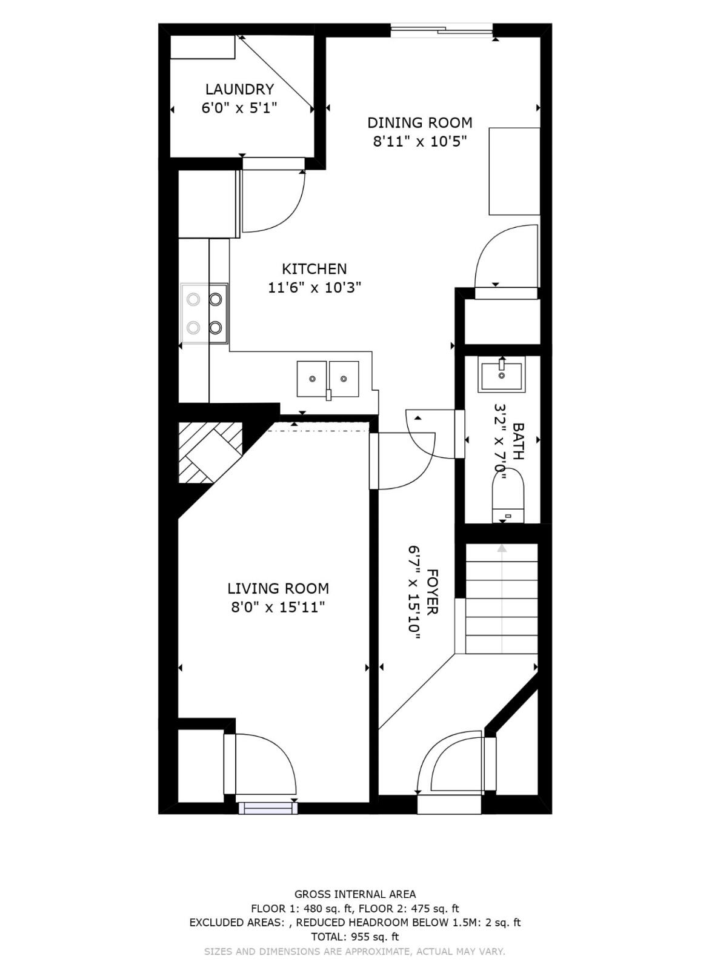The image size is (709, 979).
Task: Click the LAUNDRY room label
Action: click(x=239, y=90)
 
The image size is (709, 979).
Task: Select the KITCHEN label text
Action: click(x=314, y=269)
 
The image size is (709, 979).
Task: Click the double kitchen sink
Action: click(x=327, y=379)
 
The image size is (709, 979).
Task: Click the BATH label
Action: click(x=519, y=441)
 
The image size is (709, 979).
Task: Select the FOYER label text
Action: click(x=431, y=592)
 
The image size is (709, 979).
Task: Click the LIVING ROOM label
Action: click(x=278, y=588)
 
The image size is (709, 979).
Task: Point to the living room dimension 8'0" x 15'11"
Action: click(x=278, y=607)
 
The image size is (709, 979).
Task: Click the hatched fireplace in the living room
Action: click(x=206, y=451)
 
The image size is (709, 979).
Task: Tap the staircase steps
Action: click(x=502, y=600)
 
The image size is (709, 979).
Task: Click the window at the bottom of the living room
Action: click(x=267, y=808)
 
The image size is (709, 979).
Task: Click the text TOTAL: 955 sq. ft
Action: click(x=354, y=937)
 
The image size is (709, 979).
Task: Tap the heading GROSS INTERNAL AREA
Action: click(x=354, y=894)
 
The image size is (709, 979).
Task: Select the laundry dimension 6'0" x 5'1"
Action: click(x=239, y=108)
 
